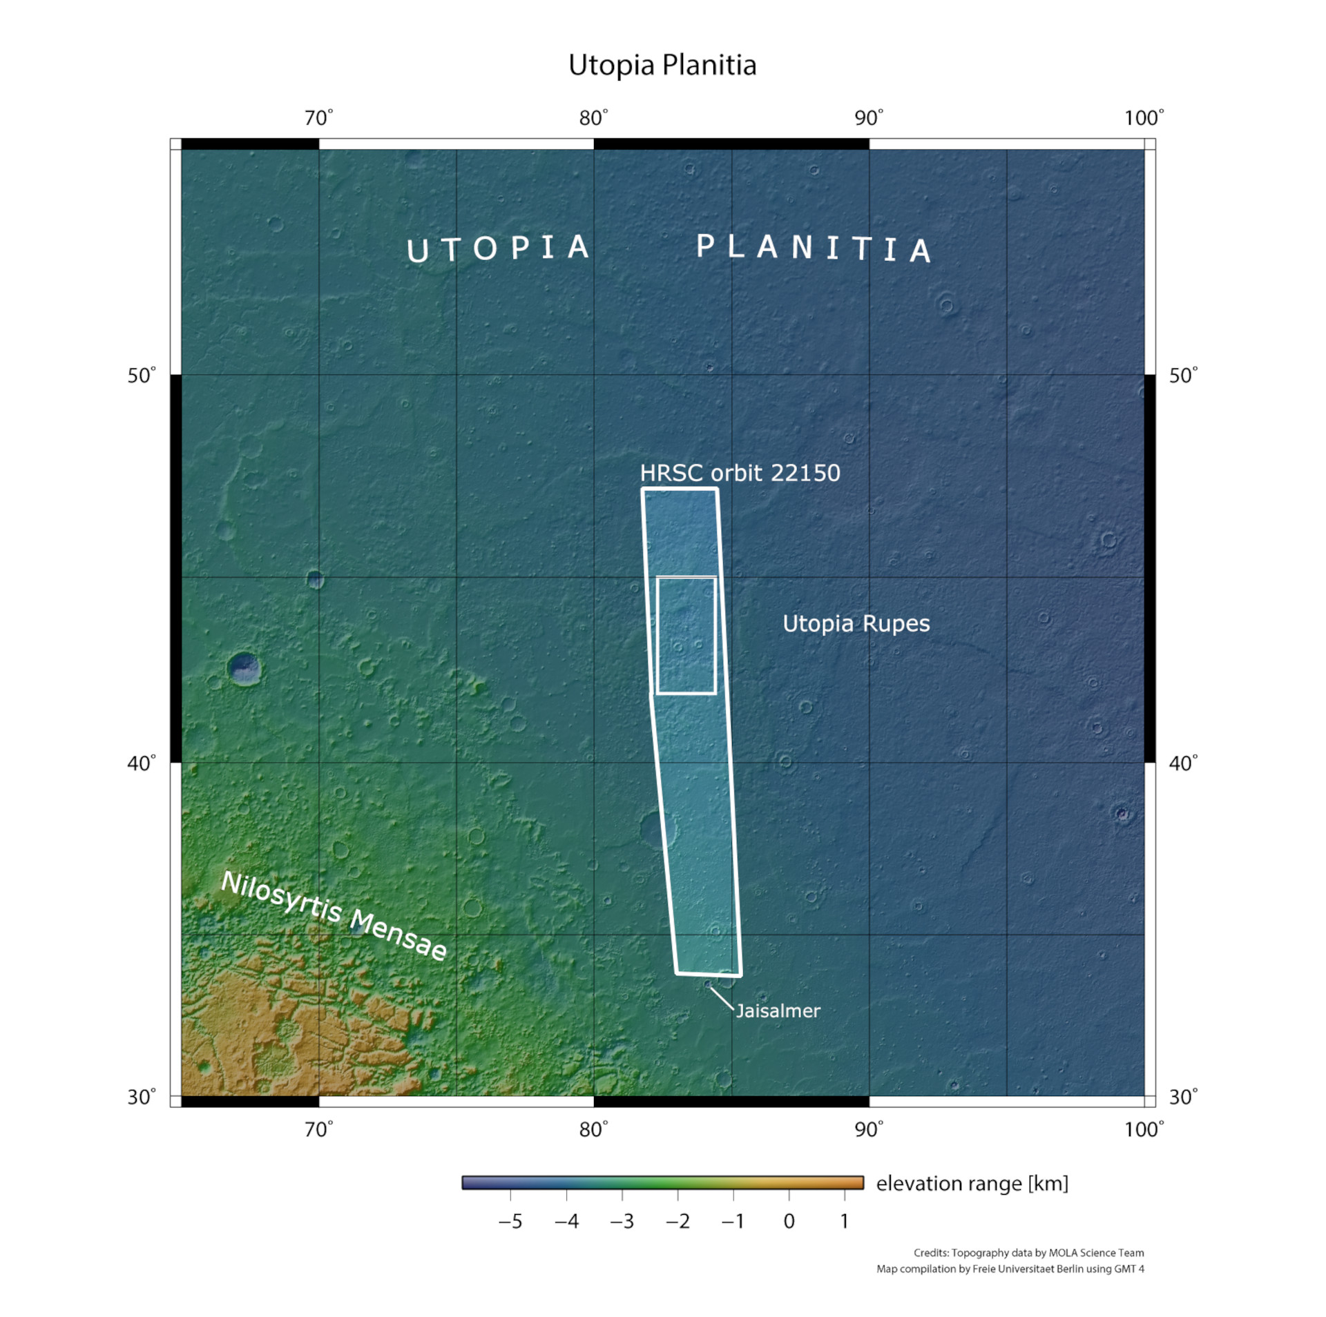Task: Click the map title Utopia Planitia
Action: click(x=662, y=65)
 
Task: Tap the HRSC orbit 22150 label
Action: click(x=740, y=473)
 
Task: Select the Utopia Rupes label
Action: click(x=856, y=623)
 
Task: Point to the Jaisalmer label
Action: click(x=778, y=1011)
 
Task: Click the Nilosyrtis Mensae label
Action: click(x=334, y=915)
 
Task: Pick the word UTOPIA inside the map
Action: click(x=497, y=248)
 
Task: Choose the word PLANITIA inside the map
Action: click(x=813, y=248)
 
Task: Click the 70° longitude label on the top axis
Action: click(x=318, y=118)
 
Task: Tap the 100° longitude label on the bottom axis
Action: click(x=1144, y=1129)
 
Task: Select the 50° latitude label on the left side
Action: click(x=141, y=375)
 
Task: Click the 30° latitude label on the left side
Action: click(x=141, y=1097)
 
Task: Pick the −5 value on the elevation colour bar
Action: click(x=510, y=1221)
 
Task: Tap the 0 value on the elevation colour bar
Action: click(x=789, y=1221)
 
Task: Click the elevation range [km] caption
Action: click(x=972, y=1183)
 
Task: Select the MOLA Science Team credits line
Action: click(x=1028, y=1253)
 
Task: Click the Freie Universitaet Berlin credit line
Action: click(x=1010, y=1269)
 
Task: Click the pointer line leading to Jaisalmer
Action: click(x=722, y=999)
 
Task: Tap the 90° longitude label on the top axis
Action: click(x=868, y=118)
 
